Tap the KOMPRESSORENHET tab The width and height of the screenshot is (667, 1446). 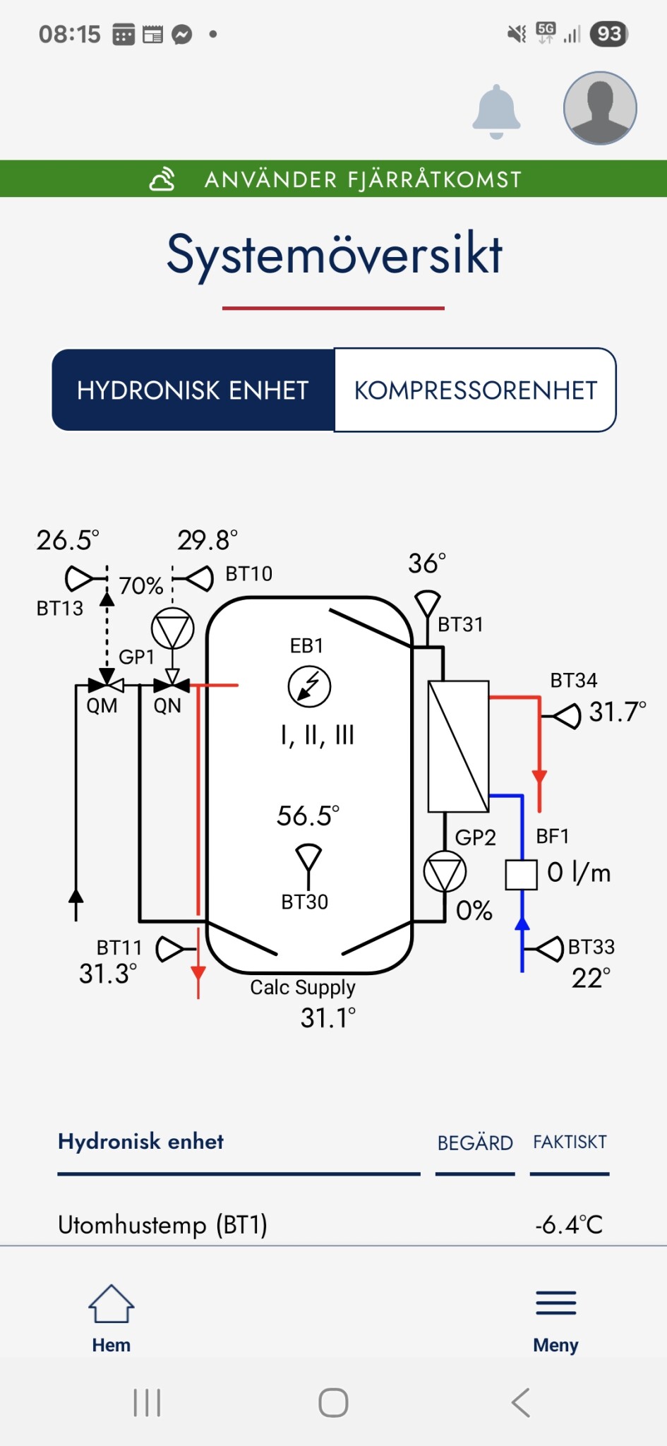tap(475, 390)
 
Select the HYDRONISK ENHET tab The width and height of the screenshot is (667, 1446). tap(193, 390)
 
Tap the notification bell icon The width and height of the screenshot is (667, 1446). tap(496, 112)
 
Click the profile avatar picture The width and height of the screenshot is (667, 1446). tap(600, 108)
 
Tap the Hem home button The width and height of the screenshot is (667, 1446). tap(112, 1317)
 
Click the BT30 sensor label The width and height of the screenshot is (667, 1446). tap(305, 902)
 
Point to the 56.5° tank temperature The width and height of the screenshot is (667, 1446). tap(308, 816)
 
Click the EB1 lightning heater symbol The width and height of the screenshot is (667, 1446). tap(309, 686)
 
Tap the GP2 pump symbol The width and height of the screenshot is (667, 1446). tap(445, 873)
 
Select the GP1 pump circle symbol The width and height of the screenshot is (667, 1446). tap(172, 628)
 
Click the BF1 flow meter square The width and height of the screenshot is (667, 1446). tap(522, 874)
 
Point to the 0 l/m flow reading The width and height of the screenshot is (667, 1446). tap(579, 873)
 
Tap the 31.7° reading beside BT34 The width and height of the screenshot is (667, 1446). tap(617, 712)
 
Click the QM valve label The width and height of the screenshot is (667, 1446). tap(102, 705)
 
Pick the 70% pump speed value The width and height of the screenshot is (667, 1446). tap(141, 586)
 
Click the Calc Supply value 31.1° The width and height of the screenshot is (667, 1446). tap(328, 1018)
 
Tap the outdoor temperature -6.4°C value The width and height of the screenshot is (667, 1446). tap(569, 1224)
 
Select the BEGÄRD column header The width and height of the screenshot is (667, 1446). tap(475, 1142)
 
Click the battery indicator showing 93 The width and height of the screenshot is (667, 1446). tap(609, 34)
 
